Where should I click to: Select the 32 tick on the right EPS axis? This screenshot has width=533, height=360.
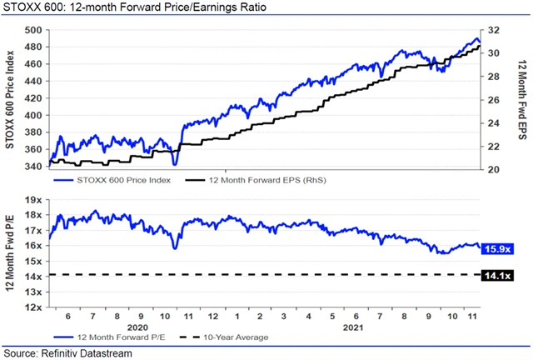[x=493, y=30]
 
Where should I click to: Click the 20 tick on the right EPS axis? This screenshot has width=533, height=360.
[x=493, y=169]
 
